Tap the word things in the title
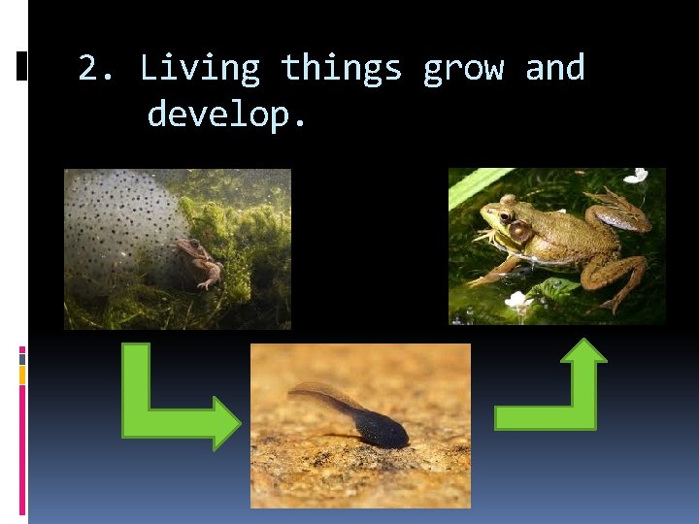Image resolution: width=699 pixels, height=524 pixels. pyautogui.click(x=341, y=69)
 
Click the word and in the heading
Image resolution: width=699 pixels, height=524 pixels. pyautogui.click(x=554, y=69)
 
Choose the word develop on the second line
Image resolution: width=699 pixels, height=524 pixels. pyautogui.click(x=225, y=115)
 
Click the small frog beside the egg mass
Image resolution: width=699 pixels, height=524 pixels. pyautogui.click(x=198, y=260)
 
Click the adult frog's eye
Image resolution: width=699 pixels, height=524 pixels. pyautogui.click(x=505, y=216)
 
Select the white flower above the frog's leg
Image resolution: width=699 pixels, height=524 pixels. pyautogui.click(x=636, y=176)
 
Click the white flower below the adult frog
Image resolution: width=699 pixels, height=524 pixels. pyautogui.click(x=518, y=301)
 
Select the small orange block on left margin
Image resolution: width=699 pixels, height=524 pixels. pyautogui.click(x=21, y=375)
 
